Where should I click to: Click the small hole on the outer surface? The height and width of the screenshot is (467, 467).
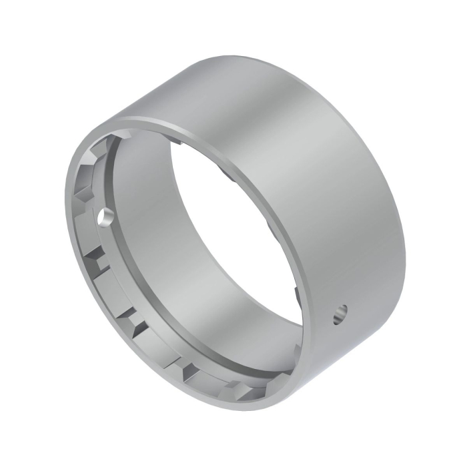340,313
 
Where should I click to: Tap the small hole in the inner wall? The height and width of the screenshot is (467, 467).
103,216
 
